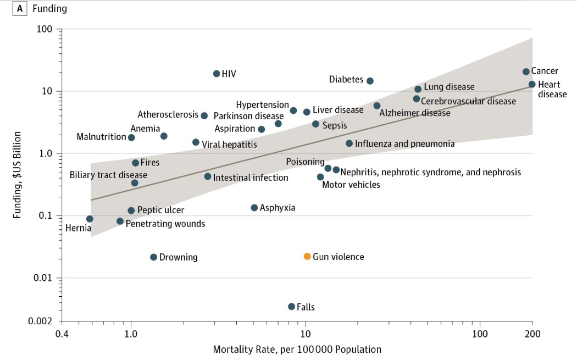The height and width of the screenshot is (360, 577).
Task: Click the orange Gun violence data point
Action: coord(307,257)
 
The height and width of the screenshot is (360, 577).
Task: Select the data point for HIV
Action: coord(217,74)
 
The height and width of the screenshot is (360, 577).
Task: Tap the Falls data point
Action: coord(292,307)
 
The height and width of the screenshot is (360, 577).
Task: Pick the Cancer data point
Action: coord(526,72)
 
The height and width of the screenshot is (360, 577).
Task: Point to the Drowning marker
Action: coord(154,257)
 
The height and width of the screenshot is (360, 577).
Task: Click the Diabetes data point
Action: coord(370,81)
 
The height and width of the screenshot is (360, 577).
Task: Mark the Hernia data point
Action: coord(90,219)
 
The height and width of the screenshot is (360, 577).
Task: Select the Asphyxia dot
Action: coord(254,208)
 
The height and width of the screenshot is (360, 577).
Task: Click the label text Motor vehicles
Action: coord(351,185)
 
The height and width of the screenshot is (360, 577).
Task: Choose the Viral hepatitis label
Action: coord(229,145)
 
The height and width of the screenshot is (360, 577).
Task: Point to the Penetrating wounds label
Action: coord(165,224)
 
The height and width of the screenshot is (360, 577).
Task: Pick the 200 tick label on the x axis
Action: coord(532,334)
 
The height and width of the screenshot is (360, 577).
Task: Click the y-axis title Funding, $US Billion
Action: coord(18,175)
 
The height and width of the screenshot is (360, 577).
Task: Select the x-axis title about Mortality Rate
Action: coord(297,350)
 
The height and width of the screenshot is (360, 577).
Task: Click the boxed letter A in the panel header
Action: coord(20,8)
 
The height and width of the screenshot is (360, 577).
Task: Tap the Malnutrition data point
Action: coord(131,137)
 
